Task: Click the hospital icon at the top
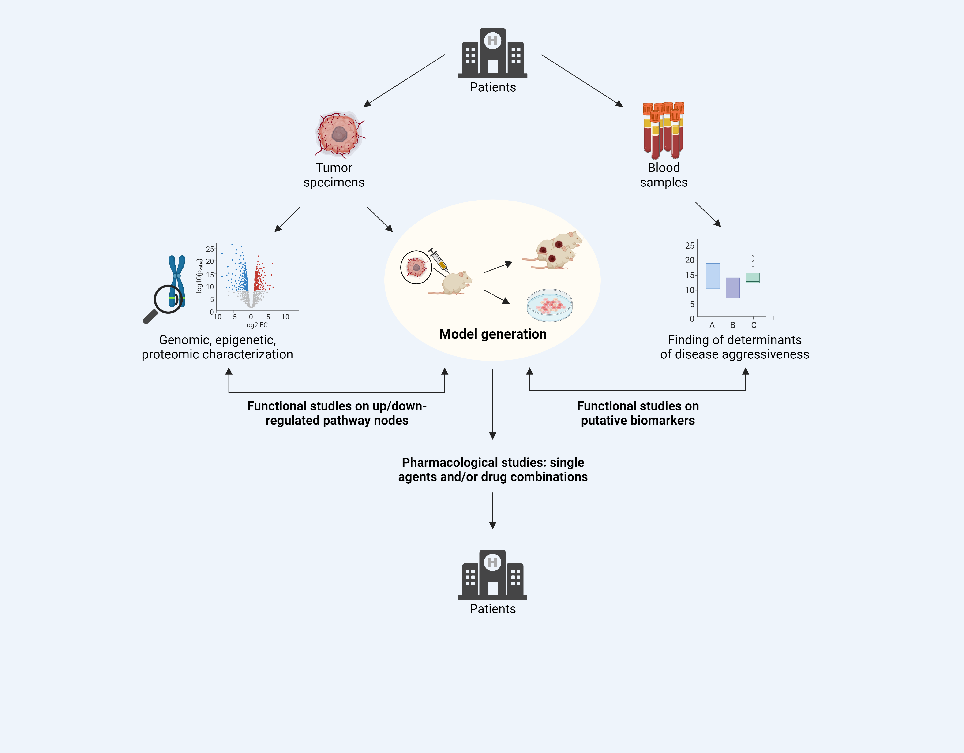point(493,53)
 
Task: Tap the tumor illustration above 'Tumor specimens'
point(339,134)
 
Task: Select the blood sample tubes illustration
point(664,130)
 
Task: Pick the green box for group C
point(753,278)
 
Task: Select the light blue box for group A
point(713,276)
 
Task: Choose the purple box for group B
point(733,288)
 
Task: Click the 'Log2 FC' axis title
point(255,325)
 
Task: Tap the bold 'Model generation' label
point(493,334)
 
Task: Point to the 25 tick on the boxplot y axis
point(690,246)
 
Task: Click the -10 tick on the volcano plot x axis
point(216,317)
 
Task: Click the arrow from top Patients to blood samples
point(582,80)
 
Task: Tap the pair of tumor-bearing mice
point(554,251)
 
